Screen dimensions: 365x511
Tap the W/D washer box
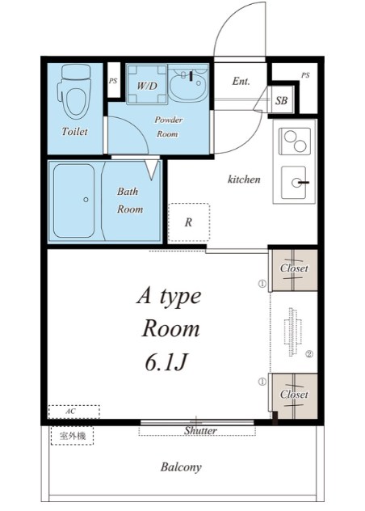[147, 84]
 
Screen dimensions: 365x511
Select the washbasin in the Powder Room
[188, 85]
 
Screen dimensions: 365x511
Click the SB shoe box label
[281, 100]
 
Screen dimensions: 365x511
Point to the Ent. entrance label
[241, 81]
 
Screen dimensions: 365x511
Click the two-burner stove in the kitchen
[295, 141]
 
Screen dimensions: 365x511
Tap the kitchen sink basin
[294, 183]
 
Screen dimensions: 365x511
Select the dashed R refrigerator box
[189, 222]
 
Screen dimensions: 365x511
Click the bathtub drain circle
[86, 200]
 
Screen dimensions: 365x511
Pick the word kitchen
[244, 179]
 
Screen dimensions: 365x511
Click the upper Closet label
[294, 268]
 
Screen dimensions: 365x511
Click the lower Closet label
[294, 395]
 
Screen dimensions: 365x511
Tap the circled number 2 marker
[309, 353]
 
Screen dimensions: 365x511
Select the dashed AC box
[74, 412]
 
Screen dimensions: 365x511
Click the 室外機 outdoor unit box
[73, 436]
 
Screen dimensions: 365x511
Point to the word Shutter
[200, 430]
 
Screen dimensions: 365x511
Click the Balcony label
[181, 467]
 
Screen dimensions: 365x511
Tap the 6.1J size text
[166, 362]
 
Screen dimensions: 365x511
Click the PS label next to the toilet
[113, 81]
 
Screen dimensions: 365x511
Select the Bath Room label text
[130, 200]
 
